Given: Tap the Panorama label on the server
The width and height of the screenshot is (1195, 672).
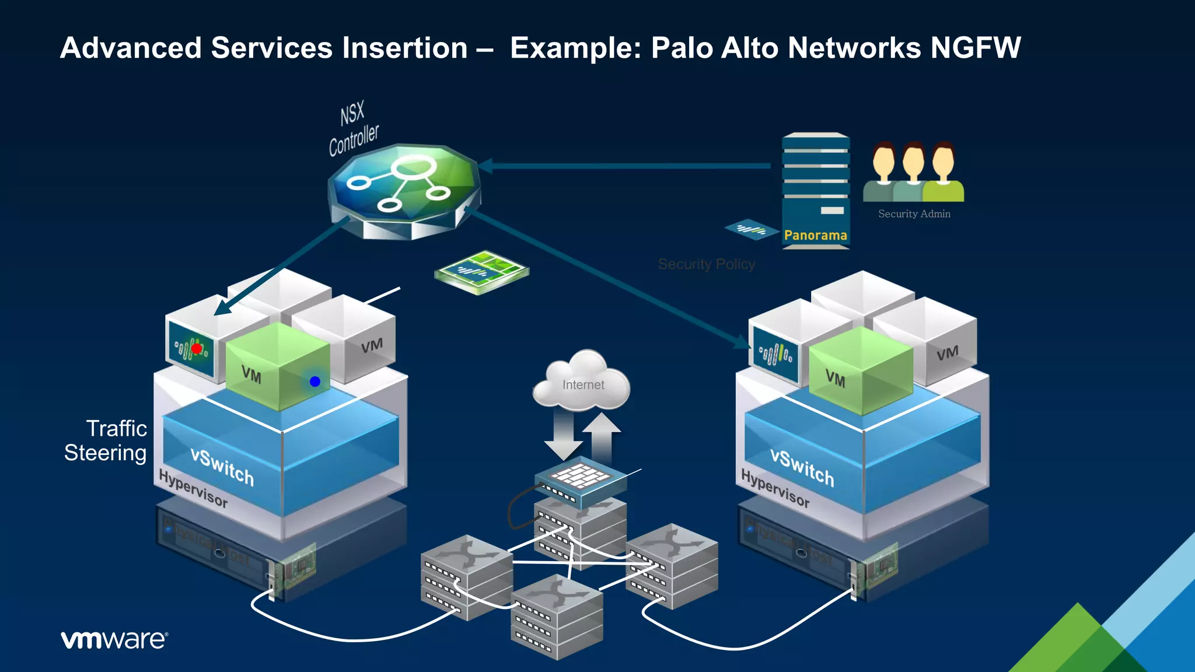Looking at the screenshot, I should [x=815, y=235].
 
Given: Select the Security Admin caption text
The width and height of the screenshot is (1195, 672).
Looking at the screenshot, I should [x=914, y=214].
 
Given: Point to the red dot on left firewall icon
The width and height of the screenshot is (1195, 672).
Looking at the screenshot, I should [x=197, y=348].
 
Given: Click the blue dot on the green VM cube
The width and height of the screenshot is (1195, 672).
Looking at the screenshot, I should [x=315, y=381].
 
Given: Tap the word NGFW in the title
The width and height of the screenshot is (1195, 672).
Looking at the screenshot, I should [x=975, y=48].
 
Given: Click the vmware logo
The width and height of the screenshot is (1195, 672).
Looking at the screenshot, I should [x=114, y=640].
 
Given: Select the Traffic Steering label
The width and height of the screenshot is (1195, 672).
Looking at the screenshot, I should [x=106, y=440].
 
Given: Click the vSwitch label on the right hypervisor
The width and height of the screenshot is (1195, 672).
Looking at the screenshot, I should [x=802, y=467].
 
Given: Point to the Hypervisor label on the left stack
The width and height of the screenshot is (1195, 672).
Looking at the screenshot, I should [x=193, y=488].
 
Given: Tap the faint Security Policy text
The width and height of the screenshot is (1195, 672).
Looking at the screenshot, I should [x=706, y=264].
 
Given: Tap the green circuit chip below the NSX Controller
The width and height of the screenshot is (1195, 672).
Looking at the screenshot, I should [x=482, y=272].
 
